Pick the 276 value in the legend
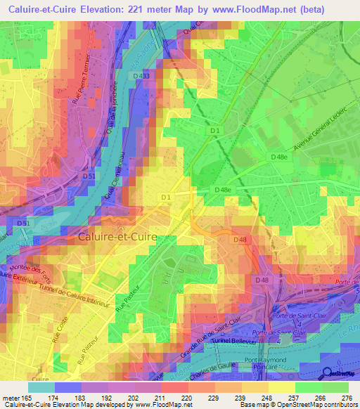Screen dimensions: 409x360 [x=347, y=398]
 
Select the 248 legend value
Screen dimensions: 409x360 [x=259, y=398]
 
